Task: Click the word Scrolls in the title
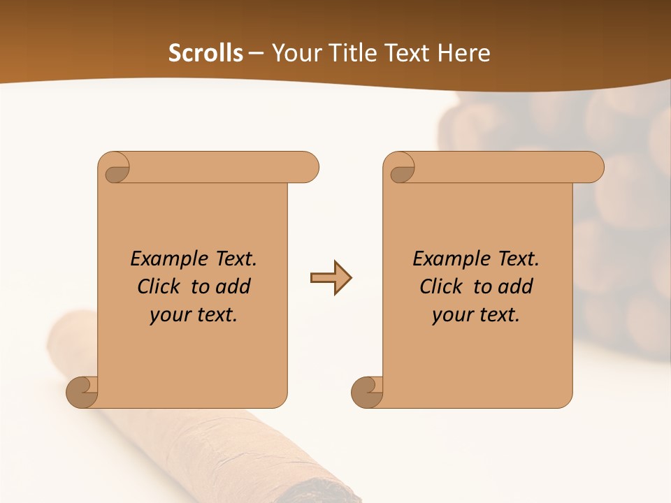(205, 53)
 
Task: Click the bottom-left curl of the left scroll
(82, 392)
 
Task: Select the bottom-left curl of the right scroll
(367, 392)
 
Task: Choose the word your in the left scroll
(168, 315)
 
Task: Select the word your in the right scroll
(451, 315)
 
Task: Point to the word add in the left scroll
(233, 286)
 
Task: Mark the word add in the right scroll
(516, 286)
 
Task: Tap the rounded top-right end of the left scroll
(308, 168)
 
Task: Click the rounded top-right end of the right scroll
(593, 168)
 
